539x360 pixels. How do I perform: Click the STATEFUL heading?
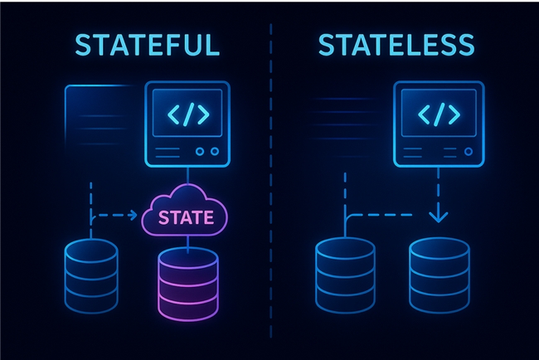(x=147, y=45)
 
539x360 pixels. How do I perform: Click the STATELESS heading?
(x=396, y=45)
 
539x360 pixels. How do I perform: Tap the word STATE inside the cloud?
(x=186, y=217)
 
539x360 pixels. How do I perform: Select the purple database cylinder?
(x=188, y=284)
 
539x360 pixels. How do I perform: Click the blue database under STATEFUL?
(x=91, y=276)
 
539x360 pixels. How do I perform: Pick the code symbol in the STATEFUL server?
(x=188, y=114)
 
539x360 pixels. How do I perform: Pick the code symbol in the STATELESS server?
(x=439, y=114)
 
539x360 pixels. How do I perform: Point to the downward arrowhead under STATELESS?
(x=439, y=217)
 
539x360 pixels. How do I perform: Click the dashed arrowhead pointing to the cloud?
(x=133, y=216)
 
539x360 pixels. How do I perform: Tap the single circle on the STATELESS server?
(x=469, y=151)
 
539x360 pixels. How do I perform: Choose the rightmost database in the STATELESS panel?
(x=439, y=275)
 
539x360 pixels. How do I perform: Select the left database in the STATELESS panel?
(x=345, y=275)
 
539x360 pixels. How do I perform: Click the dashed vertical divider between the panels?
(x=271, y=181)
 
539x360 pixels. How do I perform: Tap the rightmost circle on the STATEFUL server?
(x=215, y=151)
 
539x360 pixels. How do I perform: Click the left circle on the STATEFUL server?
(x=200, y=151)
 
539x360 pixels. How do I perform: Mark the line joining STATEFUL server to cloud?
(x=187, y=176)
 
